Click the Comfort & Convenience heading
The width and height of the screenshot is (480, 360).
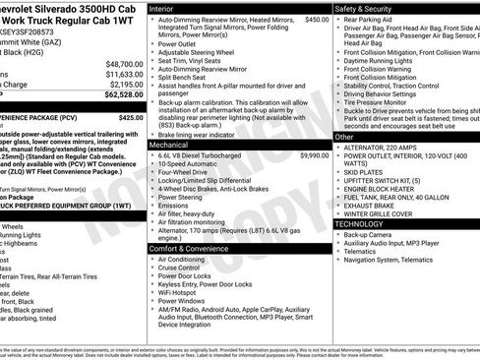[189, 249]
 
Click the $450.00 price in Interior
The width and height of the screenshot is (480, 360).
[317, 20]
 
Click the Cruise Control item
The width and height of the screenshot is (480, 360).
[183, 268]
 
